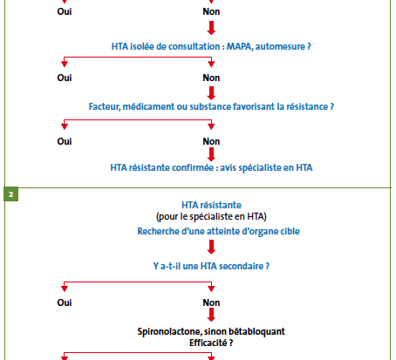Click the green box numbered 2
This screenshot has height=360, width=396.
(10, 194)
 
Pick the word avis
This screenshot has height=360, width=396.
(228, 167)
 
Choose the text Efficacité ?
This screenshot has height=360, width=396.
(211, 343)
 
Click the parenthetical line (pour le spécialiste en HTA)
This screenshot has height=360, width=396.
(211, 217)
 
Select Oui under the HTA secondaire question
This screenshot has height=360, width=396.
(65, 302)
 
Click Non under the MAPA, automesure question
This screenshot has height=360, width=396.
(211, 78)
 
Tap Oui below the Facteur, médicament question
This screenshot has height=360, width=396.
(65, 141)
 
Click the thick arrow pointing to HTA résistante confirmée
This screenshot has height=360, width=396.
(211, 154)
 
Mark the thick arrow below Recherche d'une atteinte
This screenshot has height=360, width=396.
(211, 247)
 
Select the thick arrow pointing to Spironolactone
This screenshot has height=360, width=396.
(211, 315)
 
